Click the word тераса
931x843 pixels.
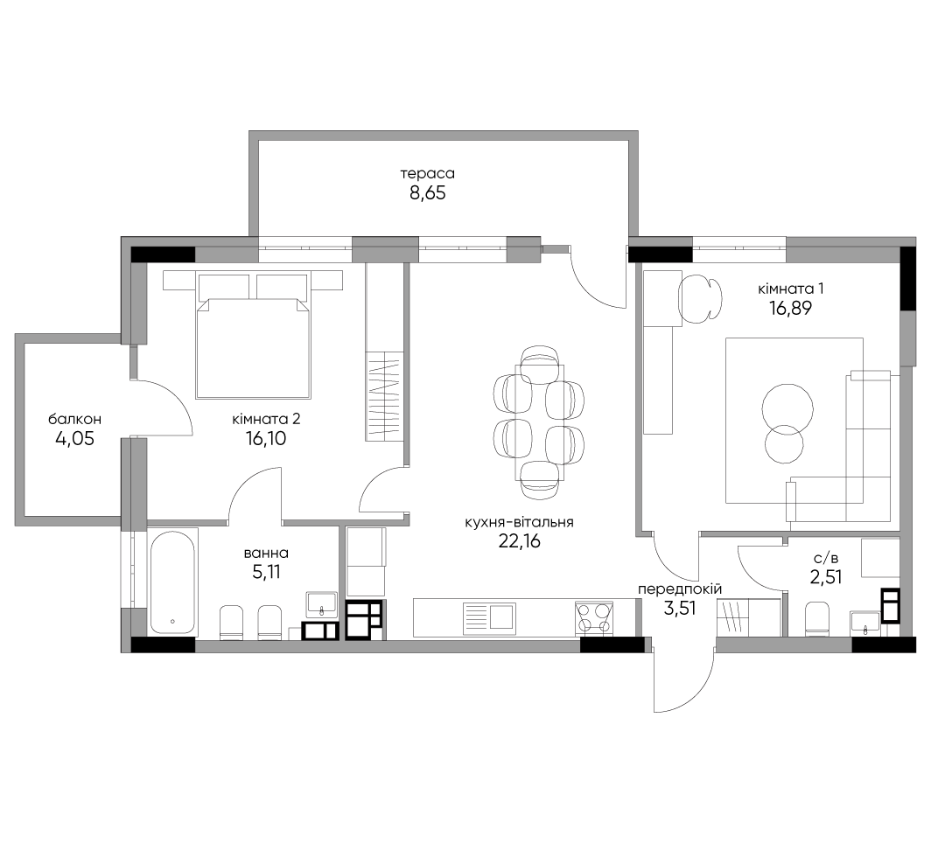427,174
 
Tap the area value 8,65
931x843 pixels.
428,193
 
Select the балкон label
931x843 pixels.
75,419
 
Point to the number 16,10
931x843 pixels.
266,438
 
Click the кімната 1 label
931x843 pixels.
791,289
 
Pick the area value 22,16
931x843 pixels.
520,541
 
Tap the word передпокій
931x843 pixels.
680,589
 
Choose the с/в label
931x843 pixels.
826,558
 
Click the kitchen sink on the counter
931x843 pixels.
489,616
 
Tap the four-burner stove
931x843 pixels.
593,618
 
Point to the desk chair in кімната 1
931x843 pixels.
701,298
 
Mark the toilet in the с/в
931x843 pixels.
817,619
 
